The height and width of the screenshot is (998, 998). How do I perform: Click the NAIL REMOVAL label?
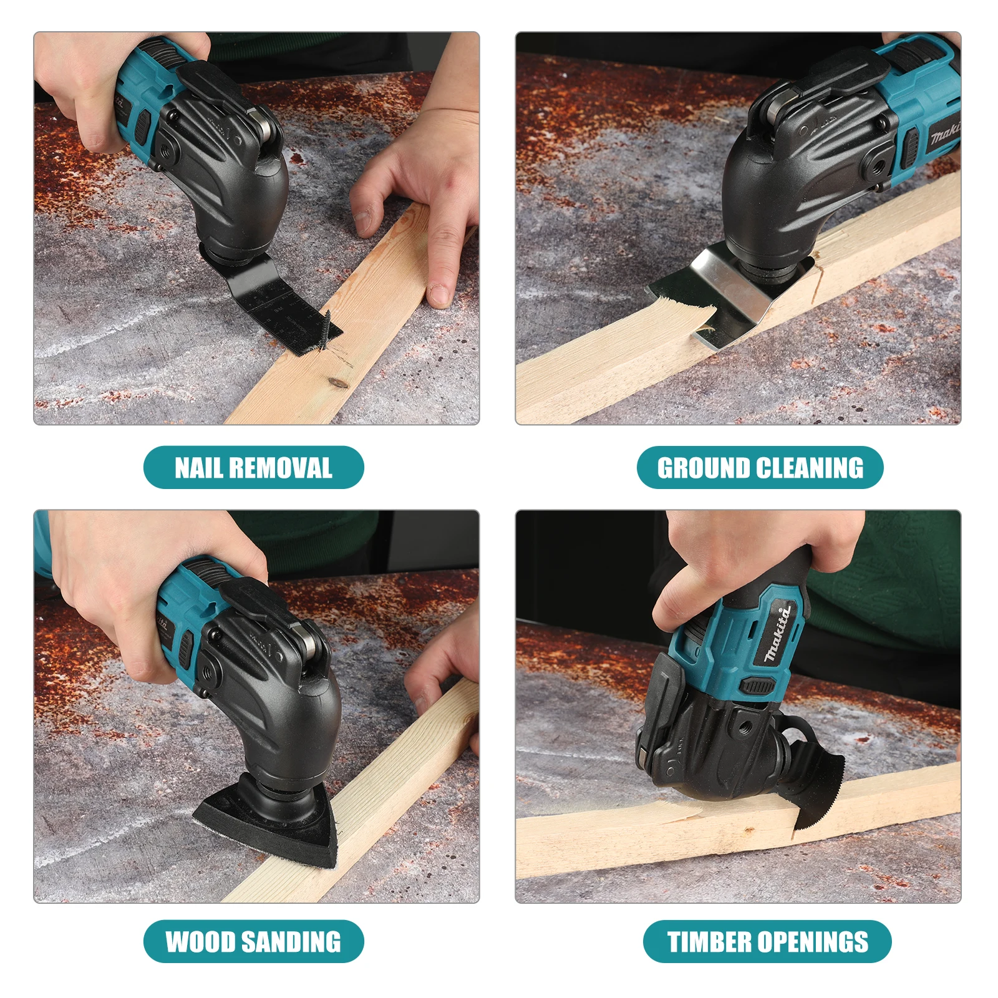[x=253, y=467]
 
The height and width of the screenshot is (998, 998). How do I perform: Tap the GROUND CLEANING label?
[x=760, y=467]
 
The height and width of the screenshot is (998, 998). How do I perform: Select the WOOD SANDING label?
[x=253, y=941]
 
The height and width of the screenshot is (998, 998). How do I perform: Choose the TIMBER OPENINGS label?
[x=767, y=941]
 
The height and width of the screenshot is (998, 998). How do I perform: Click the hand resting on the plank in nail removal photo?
[x=418, y=206]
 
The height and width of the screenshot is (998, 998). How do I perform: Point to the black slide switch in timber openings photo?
[x=757, y=686]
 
